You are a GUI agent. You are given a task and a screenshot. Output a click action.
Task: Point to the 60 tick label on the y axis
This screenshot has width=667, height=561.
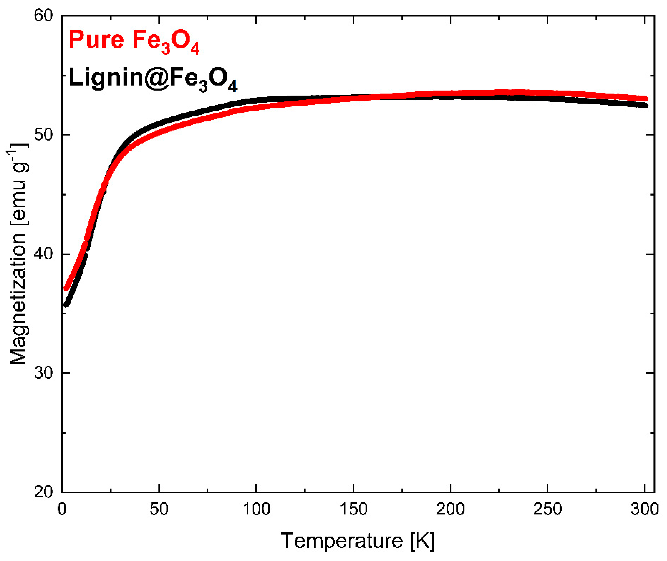[x=43, y=16]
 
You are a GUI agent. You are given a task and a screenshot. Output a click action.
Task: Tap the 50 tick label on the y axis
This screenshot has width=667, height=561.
[x=43, y=135]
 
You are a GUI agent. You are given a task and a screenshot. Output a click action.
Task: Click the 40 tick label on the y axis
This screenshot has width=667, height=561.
[x=43, y=254]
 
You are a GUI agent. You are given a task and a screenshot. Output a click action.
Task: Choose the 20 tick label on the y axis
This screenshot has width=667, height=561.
[x=43, y=492]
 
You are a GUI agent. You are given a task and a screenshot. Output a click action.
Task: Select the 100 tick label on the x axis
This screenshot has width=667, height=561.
[x=256, y=509]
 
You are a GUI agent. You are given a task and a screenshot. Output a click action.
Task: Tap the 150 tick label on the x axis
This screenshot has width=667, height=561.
[x=354, y=509]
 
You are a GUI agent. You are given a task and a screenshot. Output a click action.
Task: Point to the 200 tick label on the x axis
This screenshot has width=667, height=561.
[x=450, y=509]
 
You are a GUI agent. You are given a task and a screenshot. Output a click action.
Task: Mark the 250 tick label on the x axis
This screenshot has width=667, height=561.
[x=548, y=509]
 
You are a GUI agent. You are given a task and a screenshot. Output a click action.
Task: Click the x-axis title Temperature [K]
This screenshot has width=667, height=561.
[x=358, y=541]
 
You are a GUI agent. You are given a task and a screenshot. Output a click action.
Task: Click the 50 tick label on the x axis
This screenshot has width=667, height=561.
[x=159, y=509]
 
